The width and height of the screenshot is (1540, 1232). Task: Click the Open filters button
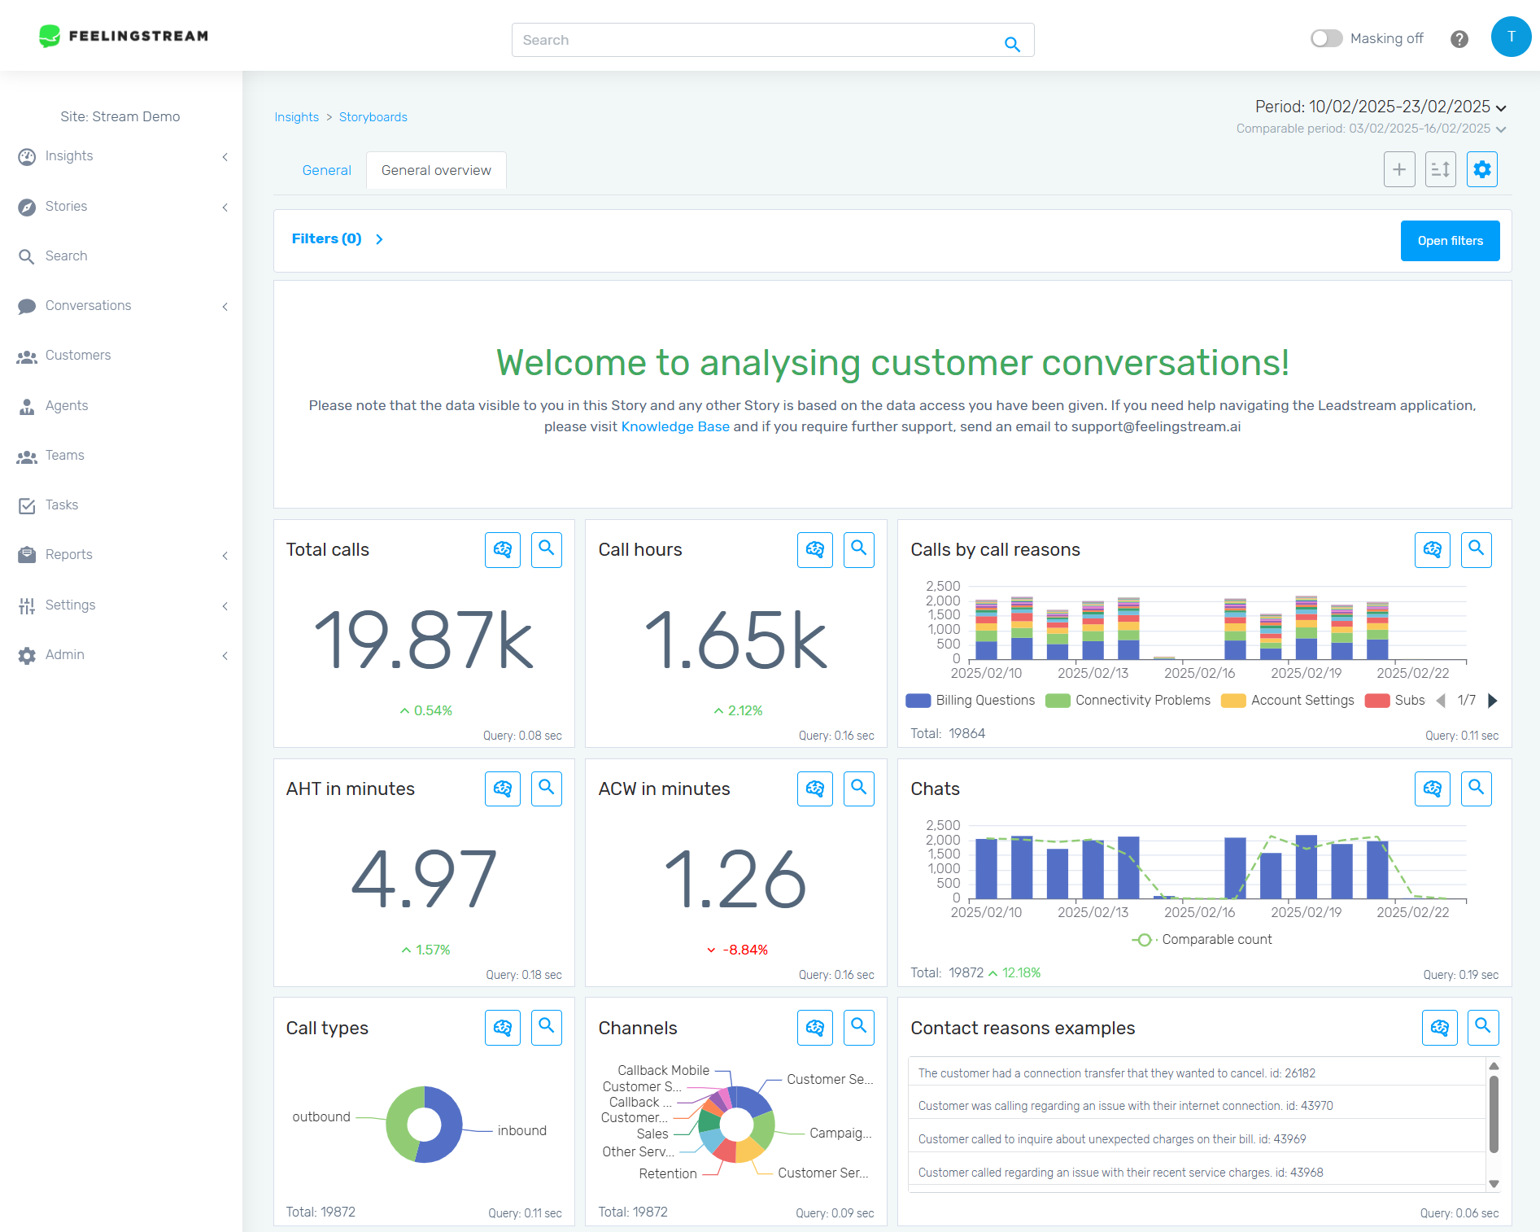pos(1449,241)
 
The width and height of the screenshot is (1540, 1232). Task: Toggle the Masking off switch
pos(1325,38)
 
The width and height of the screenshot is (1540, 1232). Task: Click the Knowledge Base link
pos(674,426)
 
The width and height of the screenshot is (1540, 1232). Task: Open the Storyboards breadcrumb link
pos(373,117)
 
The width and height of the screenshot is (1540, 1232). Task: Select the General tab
pos(326,170)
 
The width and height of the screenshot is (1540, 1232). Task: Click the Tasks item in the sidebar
pos(62,505)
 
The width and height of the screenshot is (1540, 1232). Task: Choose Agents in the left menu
pos(67,405)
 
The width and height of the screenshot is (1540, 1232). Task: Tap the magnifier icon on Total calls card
pos(546,549)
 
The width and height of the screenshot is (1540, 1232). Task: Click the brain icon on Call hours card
pos(814,549)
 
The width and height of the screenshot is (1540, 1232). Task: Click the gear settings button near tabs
pos(1481,169)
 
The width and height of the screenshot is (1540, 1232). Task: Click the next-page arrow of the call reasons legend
pos(1492,701)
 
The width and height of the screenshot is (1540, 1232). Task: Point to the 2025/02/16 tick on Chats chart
pos(1199,912)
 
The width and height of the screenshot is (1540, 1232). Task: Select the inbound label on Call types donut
pos(521,1130)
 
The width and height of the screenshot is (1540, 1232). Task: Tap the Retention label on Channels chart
pos(667,1173)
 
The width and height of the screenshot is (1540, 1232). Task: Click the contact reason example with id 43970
pos(1124,1106)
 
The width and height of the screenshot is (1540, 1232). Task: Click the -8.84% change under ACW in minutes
pos(744,950)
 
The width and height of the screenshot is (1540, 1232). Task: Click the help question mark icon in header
pos(1459,39)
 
